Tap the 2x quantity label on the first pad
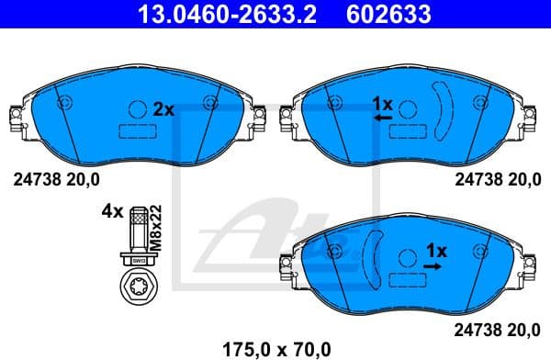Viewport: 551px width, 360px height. click(x=163, y=109)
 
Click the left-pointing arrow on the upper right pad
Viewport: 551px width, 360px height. click(x=383, y=118)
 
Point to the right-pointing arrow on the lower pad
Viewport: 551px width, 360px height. click(x=433, y=264)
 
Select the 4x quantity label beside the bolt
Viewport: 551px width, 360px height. click(x=112, y=211)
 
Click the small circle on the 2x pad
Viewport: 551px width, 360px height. click(x=138, y=108)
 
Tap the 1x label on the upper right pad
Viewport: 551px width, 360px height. click(x=382, y=104)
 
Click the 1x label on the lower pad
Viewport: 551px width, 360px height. click(x=435, y=250)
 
